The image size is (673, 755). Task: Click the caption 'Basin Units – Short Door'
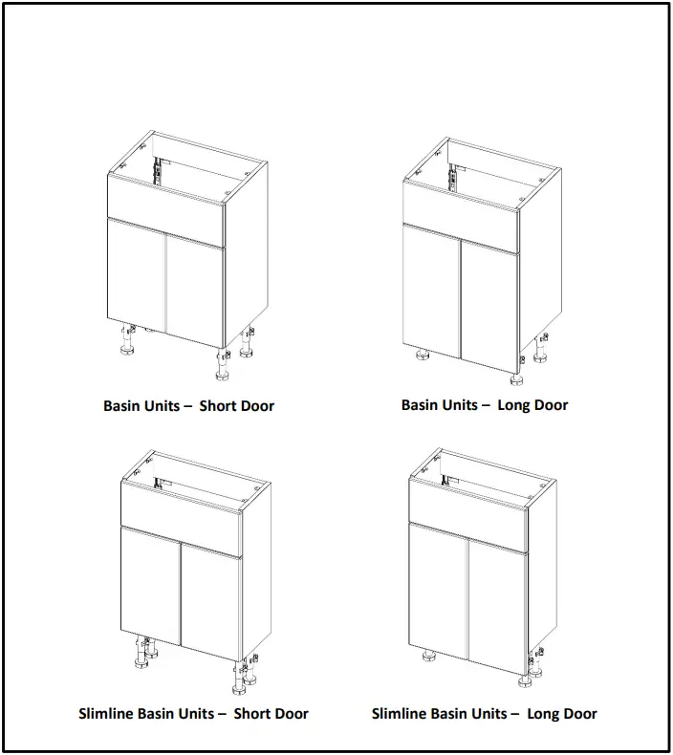coord(188,405)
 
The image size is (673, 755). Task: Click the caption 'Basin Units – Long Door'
coord(484,404)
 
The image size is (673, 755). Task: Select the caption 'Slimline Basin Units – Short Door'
coord(193,713)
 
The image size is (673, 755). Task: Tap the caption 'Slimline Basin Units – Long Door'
coord(484,713)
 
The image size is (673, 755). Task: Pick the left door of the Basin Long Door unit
coord(431,291)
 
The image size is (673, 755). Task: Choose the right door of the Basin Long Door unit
coord(489,302)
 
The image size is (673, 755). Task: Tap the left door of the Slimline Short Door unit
coord(149,583)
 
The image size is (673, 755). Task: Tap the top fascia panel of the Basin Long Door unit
coord(460,210)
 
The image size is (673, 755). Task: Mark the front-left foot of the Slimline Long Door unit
coord(428,658)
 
